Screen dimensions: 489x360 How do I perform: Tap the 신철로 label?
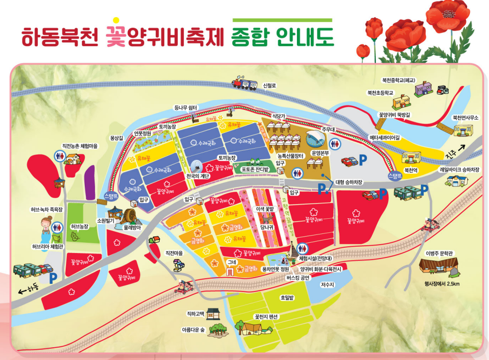tap(270, 85)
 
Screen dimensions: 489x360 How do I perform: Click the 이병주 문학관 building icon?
tap(439, 267)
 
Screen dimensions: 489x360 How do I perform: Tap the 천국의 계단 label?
tap(198, 176)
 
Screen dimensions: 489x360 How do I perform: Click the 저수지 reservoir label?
tap(327, 284)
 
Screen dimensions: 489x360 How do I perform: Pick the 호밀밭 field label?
tap(287, 297)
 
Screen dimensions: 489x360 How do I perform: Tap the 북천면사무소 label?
tap(465, 118)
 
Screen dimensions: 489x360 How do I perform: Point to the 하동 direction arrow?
tap(23, 291)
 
